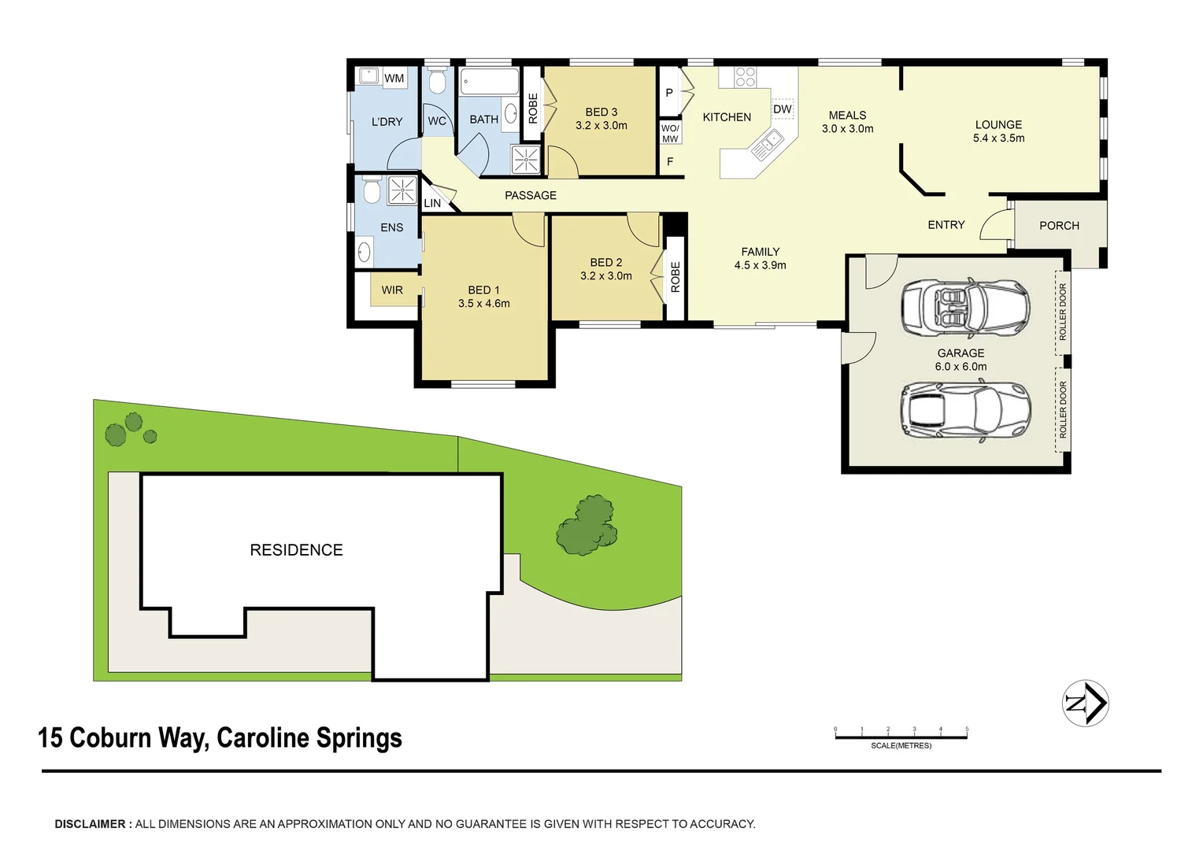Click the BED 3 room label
(x=601, y=112)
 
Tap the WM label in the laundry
(x=394, y=78)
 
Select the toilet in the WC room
(x=437, y=81)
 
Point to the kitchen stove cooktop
(x=745, y=76)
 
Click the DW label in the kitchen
(x=782, y=109)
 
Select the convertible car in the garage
(x=965, y=307)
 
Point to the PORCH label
(x=1059, y=225)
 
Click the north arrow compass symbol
(x=1086, y=703)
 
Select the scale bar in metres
(x=901, y=737)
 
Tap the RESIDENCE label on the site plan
(x=296, y=550)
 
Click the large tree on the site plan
(x=587, y=527)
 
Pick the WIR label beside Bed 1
(x=392, y=290)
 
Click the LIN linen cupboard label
(x=432, y=203)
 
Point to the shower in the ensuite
(x=402, y=190)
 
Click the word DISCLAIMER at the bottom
(x=90, y=824)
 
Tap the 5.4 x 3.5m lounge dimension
(x=998, y=139)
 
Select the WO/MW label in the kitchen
(x=670, y=133)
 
